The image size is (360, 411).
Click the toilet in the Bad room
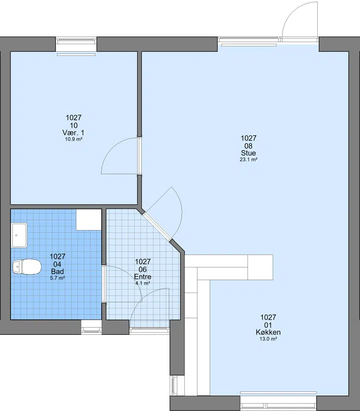coord(27,266)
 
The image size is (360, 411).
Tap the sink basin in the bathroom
coord(19,235)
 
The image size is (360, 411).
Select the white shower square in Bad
coord(89,220)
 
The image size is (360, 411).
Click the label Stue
coord(248,153)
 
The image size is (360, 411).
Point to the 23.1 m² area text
coord(248,159)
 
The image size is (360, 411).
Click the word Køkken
coord(268,332)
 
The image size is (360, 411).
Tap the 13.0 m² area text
coord(268,339)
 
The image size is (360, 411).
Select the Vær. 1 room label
coord(73,133)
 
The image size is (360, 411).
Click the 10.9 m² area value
coord(74,139)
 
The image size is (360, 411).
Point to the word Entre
coord(143,276)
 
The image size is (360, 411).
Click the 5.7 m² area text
coord(58,278)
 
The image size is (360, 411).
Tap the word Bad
coord(58,271)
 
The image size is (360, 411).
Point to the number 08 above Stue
coord(248,146)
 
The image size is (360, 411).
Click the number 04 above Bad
coord(58,264)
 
